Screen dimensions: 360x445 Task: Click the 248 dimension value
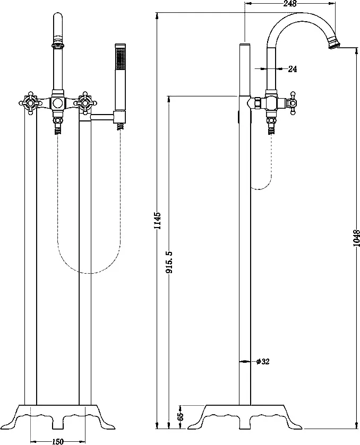click(x=290, y=3)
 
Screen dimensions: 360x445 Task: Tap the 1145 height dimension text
click(x=158, y=221)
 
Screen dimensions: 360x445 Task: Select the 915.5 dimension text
click(x=169, y=262)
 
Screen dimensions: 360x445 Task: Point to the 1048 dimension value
click(x=357, y=238)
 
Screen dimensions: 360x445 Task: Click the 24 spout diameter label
click(x=293, y=68)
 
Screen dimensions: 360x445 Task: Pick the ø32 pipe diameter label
click(x=262, y=361)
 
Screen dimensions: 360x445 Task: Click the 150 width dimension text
click(x=58, y=441)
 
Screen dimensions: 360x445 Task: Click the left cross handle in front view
click(x=30, y=103)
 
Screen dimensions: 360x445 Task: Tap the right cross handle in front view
click(x=84, y=103)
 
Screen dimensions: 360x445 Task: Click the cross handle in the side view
click(x=292, y=103)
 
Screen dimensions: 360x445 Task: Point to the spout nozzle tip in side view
click(x=335, y=44)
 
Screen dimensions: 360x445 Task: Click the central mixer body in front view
click(x=58, y=103)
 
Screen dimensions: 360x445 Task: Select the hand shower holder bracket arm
click(x=102, y=116)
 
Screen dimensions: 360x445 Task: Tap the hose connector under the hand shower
click(x=121, y=126)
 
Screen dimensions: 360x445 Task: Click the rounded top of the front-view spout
click(x=58, y=16)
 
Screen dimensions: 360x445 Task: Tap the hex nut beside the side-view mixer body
click(x=256, y=103)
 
